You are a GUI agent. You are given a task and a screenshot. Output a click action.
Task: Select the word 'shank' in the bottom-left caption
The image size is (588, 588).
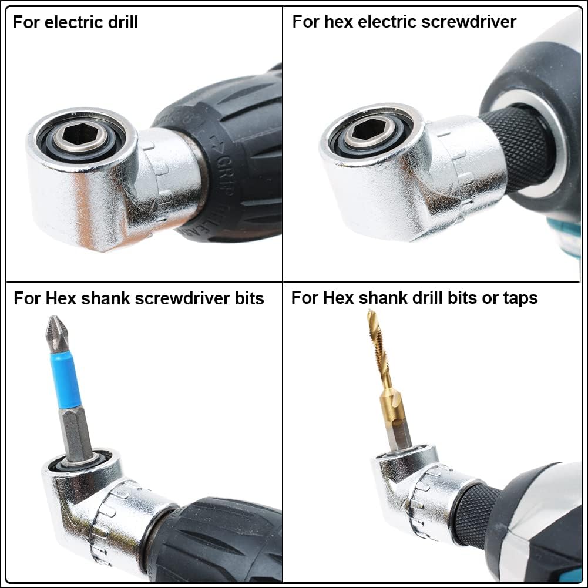103,298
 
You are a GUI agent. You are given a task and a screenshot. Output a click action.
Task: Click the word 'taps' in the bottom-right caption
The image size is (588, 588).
520,298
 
